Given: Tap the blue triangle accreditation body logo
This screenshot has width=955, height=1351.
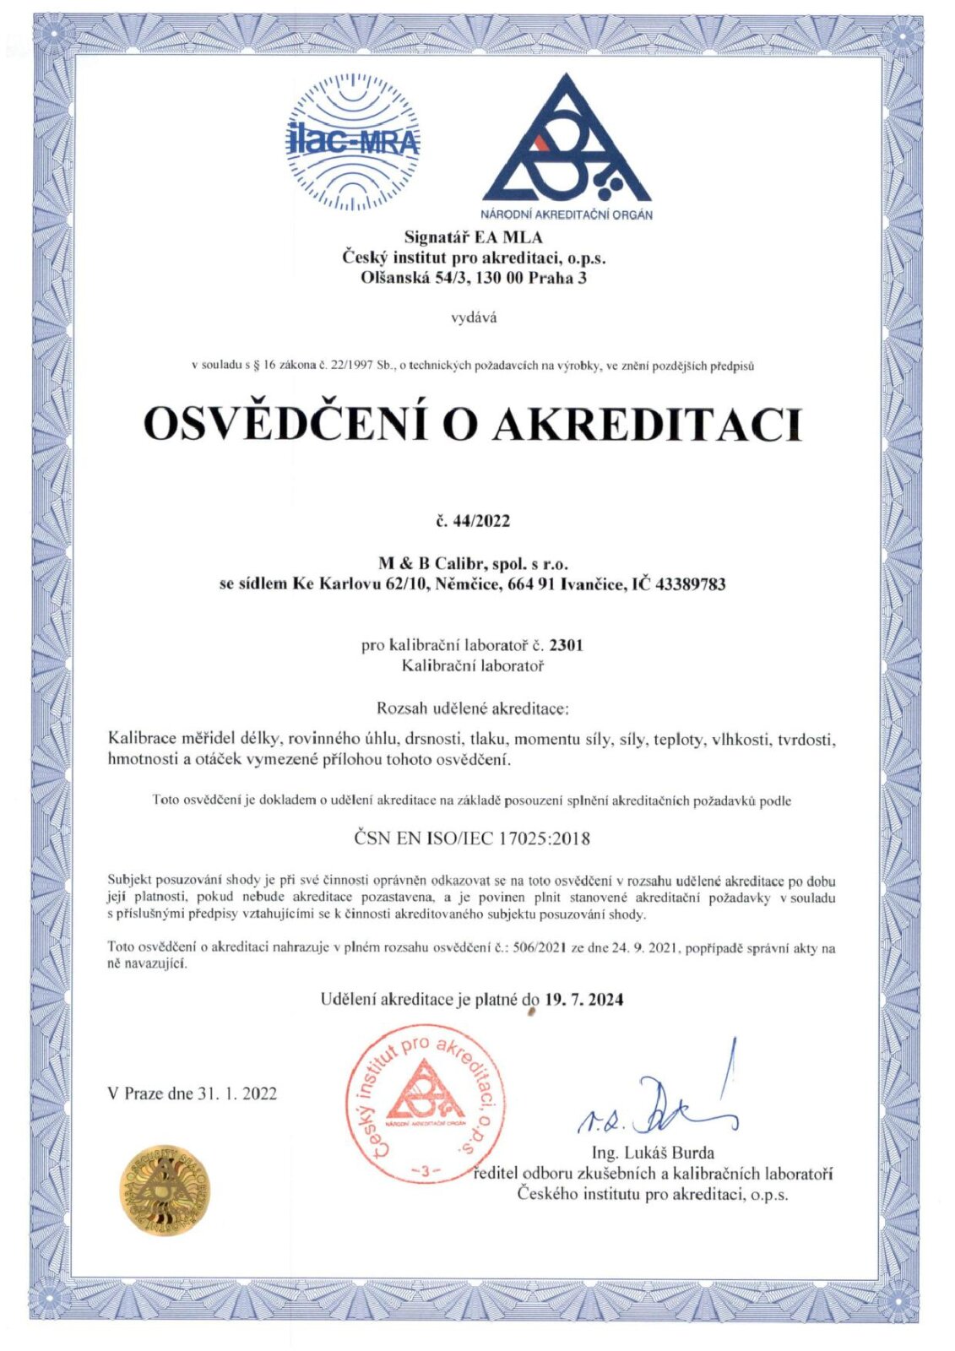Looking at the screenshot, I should click(x=567, y=144).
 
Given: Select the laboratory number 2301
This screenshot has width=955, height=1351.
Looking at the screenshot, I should click(x=566, y=645).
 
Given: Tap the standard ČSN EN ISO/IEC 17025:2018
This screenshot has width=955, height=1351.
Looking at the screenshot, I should click(x=471, y=838).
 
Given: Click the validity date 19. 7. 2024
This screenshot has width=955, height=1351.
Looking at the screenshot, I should click(x=584, y=1000).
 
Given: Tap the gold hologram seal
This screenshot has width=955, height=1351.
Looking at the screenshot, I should click(x=165, y=1191).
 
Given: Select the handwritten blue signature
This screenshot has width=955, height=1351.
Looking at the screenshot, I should click(x=659, y=1106).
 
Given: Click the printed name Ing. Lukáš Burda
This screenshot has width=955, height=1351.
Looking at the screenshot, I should click(x=653, y=1153).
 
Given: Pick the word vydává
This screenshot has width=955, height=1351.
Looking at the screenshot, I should click(x=473, y=318).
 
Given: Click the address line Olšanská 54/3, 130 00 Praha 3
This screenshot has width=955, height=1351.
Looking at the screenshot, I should click(x=473, y=278).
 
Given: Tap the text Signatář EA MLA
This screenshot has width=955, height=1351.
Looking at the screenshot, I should click(x=473, y=237).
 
